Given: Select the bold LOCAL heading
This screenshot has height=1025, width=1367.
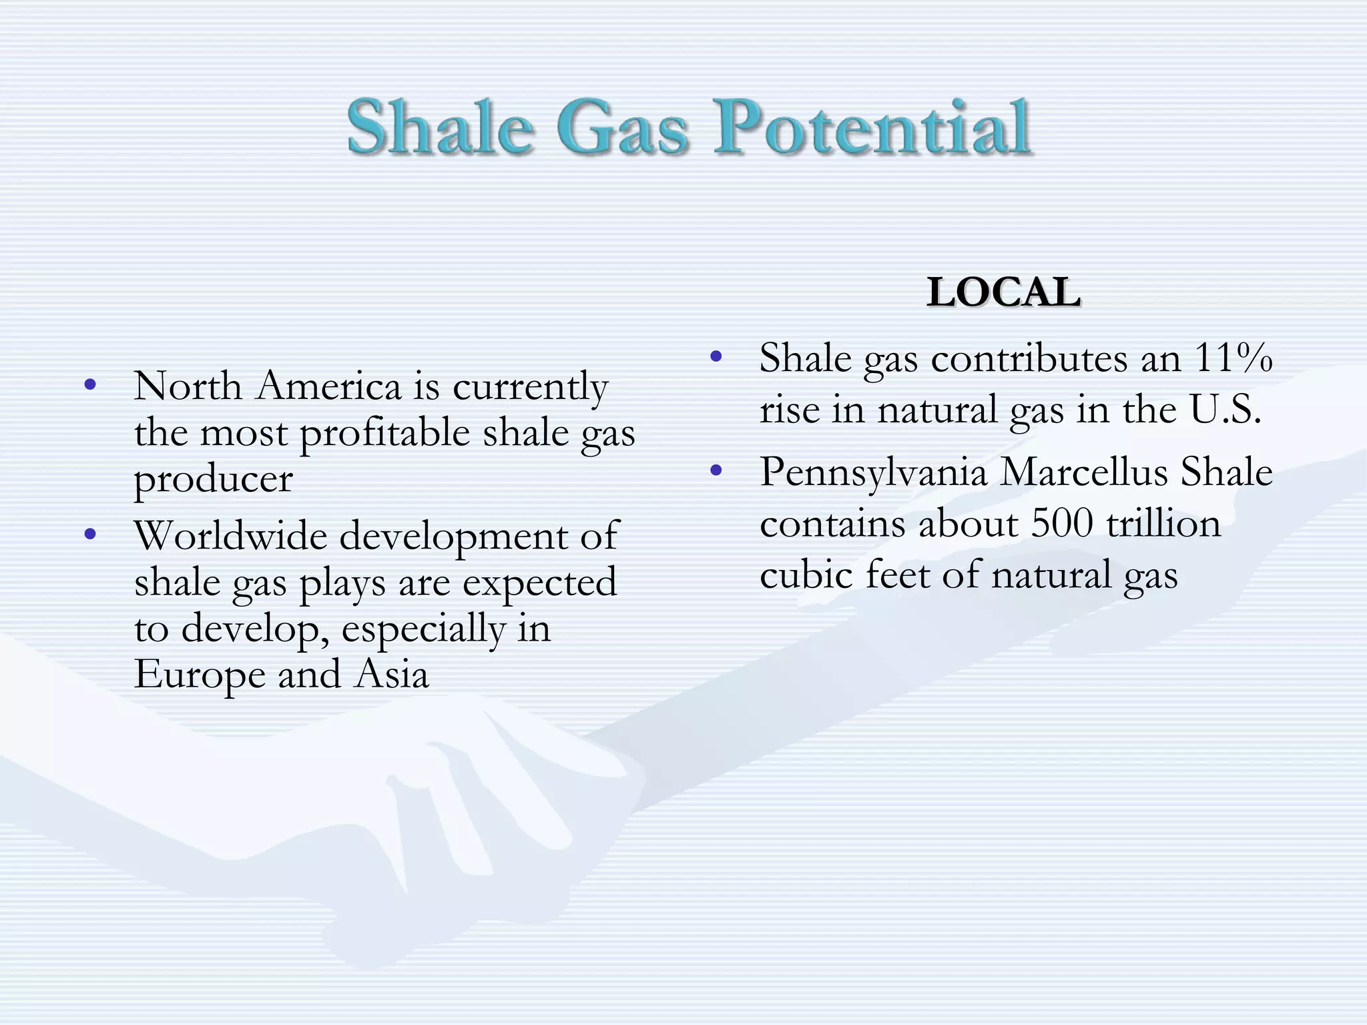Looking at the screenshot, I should coord(1003,292).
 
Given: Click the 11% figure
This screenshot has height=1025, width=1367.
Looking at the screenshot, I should coord(1233,358).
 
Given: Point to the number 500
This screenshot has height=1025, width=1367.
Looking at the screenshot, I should coord(1062,523).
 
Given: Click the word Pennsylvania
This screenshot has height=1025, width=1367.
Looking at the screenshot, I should coord(873,472).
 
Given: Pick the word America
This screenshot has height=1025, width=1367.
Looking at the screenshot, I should coord(328,386).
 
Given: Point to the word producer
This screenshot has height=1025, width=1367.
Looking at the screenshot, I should coord(213,479).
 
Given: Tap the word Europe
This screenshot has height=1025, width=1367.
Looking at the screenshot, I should coord(199,675).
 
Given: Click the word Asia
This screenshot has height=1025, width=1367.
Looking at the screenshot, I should coord(392,675).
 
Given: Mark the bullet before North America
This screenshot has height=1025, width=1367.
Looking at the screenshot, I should coord(91,384).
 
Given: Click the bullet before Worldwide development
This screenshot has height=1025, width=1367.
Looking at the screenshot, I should coord(91,534).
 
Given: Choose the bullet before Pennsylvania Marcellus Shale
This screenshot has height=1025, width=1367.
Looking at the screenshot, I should coord(716,471).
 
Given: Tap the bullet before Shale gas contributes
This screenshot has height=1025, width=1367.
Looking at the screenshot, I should coord(716,356).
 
